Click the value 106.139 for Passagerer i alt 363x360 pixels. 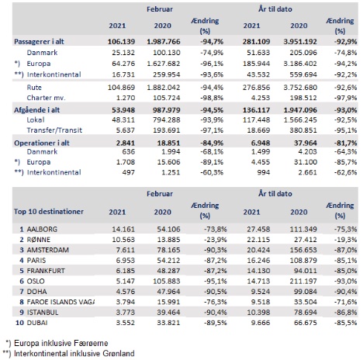coord(121,42)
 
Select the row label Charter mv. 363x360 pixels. coord(46,98)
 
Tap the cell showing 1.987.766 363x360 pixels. coord(164,42)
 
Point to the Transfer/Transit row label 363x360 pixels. coord(54,130)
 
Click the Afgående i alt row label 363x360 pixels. coord(36,110)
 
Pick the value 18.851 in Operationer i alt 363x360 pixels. coord(168,143)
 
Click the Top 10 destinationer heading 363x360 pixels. coord(49,212)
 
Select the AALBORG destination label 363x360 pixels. coord(42,229)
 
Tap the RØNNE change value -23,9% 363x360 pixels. coord(216,240)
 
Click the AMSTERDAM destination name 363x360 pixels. coord(48,250)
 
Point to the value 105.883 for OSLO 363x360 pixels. coord(167,281)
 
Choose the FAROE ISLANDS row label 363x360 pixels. coord(60,302)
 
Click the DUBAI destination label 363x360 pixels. coord(37,323)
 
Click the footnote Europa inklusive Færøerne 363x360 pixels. coord(60,343)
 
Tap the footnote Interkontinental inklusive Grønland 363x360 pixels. coord(74,354)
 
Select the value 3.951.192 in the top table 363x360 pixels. coord(300,42)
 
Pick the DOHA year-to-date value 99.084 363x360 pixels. coord(305,292)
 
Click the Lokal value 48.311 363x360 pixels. coord(123,119)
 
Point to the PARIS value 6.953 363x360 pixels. coord(126,260)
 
